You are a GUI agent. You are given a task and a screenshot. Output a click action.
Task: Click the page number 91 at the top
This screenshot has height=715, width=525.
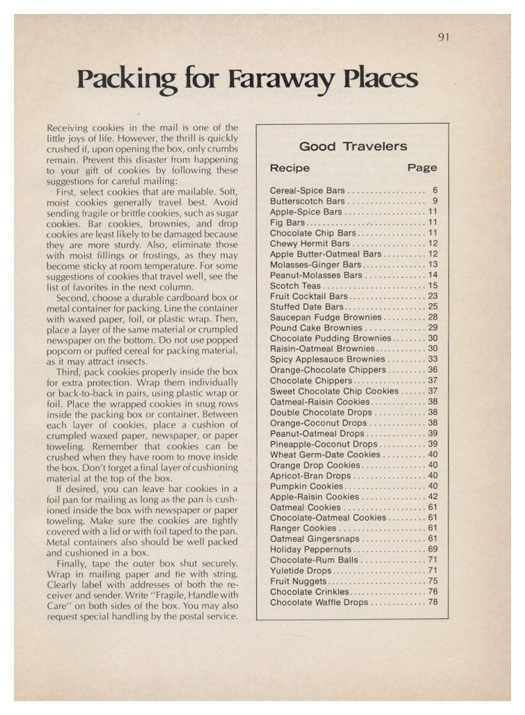click(x=444, y=37)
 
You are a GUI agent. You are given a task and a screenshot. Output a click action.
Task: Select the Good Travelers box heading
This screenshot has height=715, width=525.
click(x=353, y=146)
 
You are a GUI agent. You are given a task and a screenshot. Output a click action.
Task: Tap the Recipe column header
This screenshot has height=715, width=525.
click(x=290, y=168)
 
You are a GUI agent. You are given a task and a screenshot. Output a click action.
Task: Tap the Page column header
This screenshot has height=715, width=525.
click(x=422, y=168)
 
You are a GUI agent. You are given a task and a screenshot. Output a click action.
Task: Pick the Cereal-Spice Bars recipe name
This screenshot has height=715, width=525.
click(x=307, y=190)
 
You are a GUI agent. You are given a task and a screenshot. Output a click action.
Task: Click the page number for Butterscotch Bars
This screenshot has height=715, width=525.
click(x=434, y=201)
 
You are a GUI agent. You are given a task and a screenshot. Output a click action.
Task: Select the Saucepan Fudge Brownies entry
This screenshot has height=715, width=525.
click(x=325, y=317)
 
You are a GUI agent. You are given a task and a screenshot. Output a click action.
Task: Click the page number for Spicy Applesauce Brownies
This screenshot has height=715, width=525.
click(x=432, y=360)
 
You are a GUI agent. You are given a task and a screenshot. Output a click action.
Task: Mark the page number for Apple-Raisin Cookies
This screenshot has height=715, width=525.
click(x=432, y=497)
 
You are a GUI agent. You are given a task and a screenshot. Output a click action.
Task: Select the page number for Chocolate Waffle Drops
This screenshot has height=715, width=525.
click(x=432, y=602)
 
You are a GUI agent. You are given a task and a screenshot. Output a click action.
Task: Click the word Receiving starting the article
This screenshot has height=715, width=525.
click(x=69, y=128)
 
